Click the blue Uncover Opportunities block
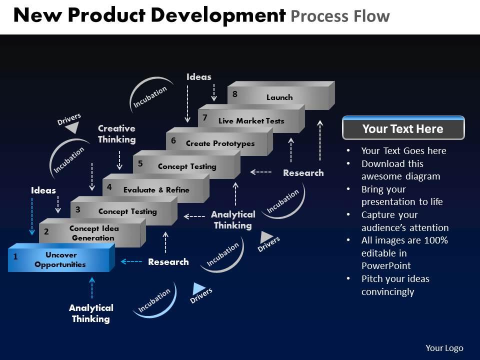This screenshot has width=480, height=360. pos(60,259)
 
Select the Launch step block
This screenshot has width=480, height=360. pos(279,97)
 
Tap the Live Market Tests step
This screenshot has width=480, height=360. pos(251,121)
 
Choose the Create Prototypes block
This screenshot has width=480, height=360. pos(220,143)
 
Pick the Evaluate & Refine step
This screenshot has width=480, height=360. pos(156,190)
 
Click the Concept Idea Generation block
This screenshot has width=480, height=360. pos(94,233)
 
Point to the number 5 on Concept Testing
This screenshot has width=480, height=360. pos(140,163)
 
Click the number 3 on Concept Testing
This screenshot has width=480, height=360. pos(78,209)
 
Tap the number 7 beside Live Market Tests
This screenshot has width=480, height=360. pos(205,118)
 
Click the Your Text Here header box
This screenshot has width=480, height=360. pos(403,129)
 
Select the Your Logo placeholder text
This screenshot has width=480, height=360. pos(444,348)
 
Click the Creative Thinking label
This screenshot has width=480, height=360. pos(116,134)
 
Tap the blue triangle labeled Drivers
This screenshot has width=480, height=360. pos(199,288)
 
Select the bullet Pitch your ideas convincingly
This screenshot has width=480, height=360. pos(395,285)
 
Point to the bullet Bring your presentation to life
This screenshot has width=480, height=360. pos(401,195)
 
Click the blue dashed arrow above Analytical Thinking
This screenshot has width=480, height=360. pos(91,287)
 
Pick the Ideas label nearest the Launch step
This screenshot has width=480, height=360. pos(199,77)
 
